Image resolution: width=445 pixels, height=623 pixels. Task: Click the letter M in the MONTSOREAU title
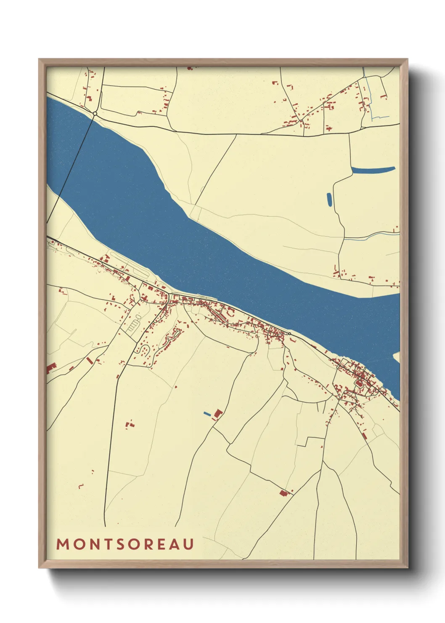coord(63,544)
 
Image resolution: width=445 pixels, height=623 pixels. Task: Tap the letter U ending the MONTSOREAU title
coord(188,544)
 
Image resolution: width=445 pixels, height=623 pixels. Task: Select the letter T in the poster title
coord(105,544)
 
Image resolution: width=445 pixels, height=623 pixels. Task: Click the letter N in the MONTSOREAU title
coord(92,544)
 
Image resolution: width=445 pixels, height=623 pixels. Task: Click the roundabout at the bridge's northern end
coord(95,114)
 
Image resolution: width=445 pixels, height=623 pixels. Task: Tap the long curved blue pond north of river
coord(373,170)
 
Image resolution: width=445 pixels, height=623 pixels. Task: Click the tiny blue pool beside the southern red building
coord(207,414)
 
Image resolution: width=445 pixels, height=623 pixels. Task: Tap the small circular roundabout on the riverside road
coord(289,334)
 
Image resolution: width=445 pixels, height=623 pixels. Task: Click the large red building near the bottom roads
coord(283,493)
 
